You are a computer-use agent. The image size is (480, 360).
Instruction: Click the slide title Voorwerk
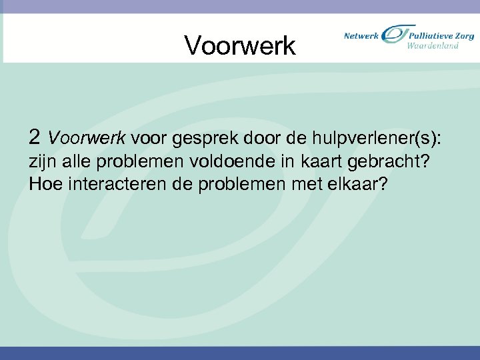[x=239, y=45]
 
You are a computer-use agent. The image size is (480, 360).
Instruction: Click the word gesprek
[x=201, y=138]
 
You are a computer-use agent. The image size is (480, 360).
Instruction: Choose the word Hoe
[x=45, y=183]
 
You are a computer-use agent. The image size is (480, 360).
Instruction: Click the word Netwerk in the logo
[x=361, y=35]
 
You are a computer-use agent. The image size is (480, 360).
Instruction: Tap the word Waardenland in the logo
[x=433, y=46]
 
